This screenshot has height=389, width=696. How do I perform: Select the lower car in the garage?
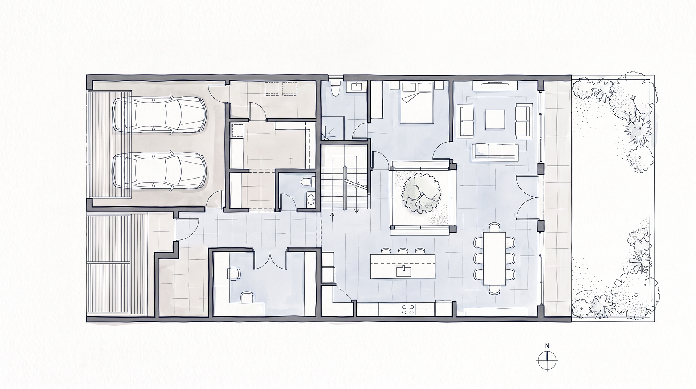point(159,171)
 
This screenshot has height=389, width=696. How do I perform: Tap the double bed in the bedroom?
point(417,102)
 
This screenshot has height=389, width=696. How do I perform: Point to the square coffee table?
point(495,119)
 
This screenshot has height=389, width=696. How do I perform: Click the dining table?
point(494,258)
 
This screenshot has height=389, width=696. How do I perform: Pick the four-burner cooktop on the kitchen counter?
point(408,309)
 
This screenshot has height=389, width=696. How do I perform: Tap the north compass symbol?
point(547,360)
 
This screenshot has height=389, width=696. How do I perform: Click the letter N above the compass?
point(548,345)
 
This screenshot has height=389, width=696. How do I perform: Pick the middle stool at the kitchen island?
point(402,251)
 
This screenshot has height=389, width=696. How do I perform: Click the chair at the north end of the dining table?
point(494,228)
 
